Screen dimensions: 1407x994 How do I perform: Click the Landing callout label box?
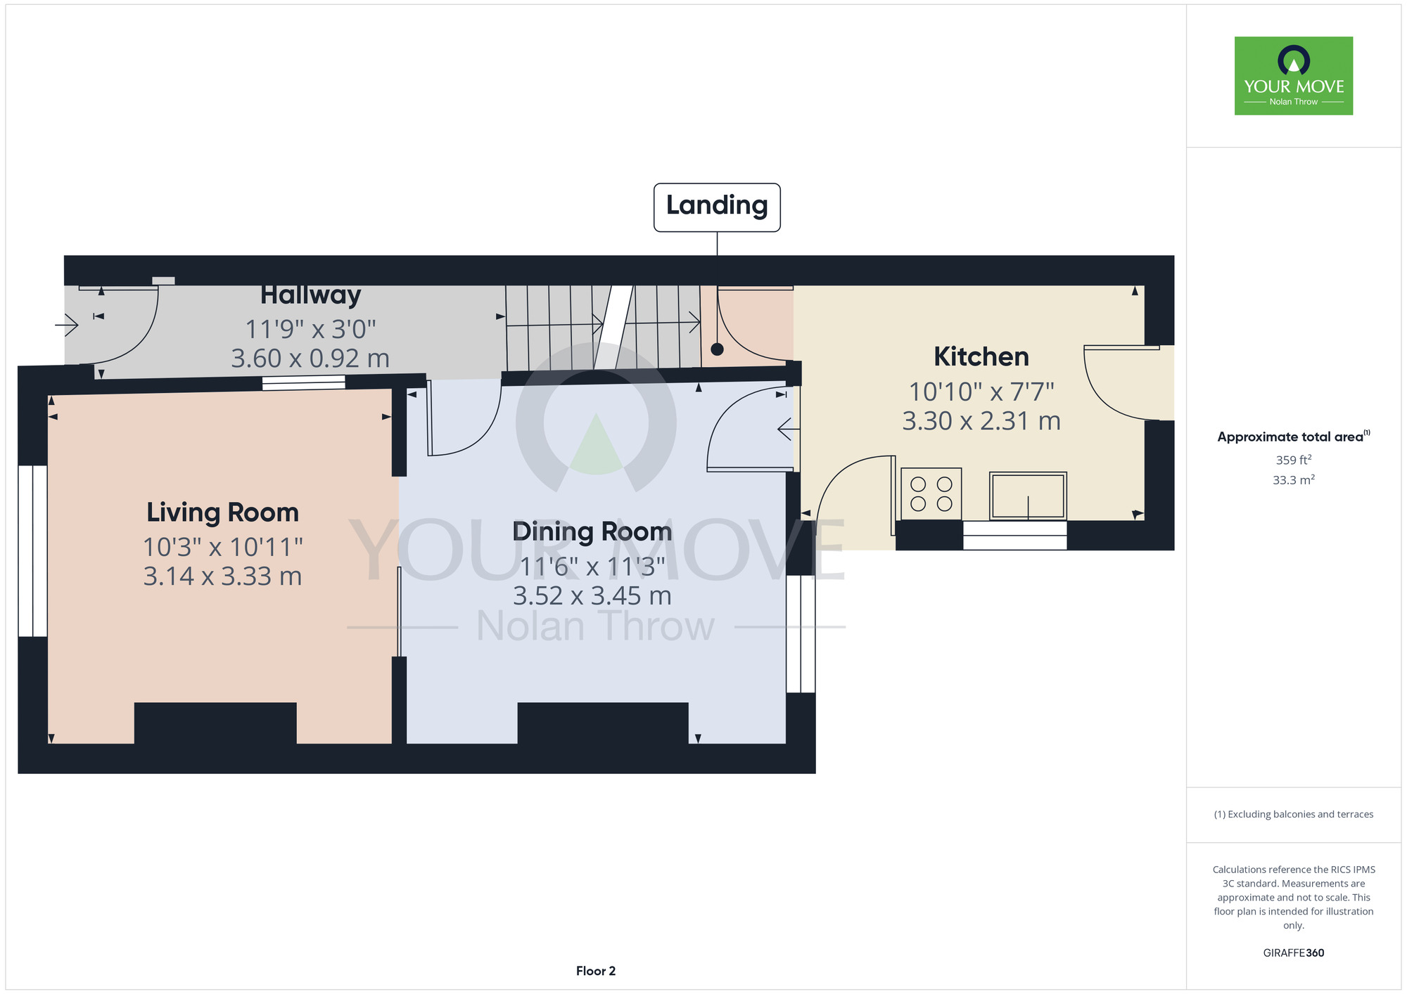tap(717, 207)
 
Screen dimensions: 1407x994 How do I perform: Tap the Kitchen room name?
tap(981, 356)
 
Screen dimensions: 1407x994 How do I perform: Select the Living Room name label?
tap(222, 512)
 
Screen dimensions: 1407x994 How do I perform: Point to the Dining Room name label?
tap(592, 532)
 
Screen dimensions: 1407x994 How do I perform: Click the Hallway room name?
tap(311, 295)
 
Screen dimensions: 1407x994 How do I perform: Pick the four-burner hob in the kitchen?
tap(931, 493)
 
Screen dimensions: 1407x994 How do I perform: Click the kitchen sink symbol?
tap(1028, 496)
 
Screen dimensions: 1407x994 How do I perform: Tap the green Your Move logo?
tap(1294, 76)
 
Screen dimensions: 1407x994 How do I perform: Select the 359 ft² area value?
tap(1294, 460)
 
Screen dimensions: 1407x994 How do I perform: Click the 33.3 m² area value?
tap(1294, 480)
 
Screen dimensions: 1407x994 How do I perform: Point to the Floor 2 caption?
tap(596, 971)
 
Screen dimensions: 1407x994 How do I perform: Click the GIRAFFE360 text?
tap(1294, 953)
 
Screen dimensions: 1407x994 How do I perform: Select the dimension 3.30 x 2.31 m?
tap(981, 421)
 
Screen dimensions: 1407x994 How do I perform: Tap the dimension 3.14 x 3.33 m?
tap(222, 576)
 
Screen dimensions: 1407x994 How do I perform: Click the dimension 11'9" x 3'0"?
tap(311, 328)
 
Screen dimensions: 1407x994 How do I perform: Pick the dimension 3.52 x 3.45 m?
tap(592, 596)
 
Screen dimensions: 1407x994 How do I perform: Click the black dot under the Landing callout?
tap(717, 349)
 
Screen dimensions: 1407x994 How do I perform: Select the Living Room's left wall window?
tap(32, 551)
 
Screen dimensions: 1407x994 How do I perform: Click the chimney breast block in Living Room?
tap(215, 723)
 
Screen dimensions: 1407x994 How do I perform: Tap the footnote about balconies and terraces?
tap(1294, 814)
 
